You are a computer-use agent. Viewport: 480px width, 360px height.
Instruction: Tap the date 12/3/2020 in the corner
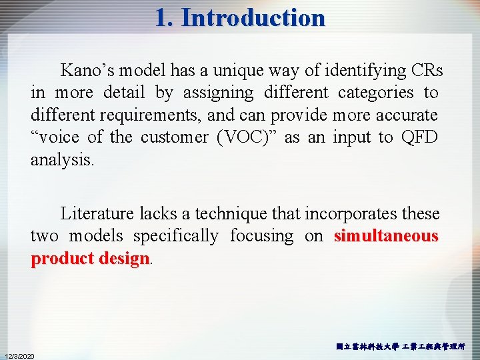21,355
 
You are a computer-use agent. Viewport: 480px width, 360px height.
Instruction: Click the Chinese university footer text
401,347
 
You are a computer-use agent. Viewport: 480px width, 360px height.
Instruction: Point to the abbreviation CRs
426,70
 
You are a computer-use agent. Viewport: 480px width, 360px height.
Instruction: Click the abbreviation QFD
419,137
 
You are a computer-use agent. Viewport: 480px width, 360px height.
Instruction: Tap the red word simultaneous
386,236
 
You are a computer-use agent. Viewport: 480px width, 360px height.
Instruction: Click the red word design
125,259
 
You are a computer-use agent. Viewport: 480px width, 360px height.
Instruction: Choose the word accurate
405,115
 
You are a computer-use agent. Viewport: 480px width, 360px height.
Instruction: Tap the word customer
175,137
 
